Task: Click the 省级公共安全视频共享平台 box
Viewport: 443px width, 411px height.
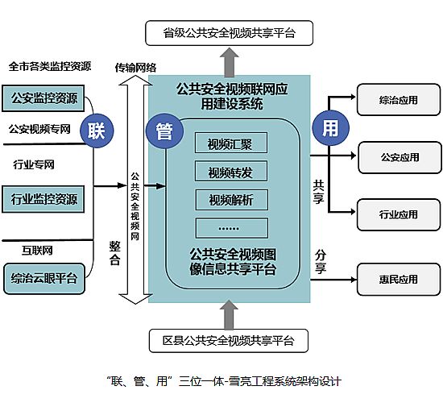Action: [x=229, y=33]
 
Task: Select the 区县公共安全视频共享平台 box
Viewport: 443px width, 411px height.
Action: [x=229, y=341]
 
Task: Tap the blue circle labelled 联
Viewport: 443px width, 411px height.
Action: [x=97, y=131]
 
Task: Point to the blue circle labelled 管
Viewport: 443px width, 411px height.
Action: [x=164, y=131]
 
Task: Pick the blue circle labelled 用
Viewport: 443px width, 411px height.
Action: [x=330, y=128]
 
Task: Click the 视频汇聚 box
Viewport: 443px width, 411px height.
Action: [x=231, y=143]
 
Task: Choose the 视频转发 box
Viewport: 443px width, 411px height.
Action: [x=231, y=172]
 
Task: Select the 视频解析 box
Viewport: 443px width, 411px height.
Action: [x=232, y=200]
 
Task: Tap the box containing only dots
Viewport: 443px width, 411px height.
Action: [x=232, y=228]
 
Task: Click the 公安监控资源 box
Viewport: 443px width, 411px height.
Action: [x=43, y=98]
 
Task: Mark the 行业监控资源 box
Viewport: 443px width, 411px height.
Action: [x=43, y=199]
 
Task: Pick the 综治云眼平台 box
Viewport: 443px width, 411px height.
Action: [x=44, y=279]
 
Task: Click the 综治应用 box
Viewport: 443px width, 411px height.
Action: [x=399, y=99]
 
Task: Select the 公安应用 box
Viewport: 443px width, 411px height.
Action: [x=400, y=157]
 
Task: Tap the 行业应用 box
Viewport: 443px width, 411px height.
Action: [x=399, y=215]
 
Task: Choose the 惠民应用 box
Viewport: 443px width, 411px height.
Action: [x=399, y=280]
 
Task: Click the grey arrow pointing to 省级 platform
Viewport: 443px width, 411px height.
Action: [x=230, y=62]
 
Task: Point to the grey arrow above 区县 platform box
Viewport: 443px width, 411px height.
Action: [x=229, y=315]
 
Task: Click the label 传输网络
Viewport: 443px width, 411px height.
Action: [x=135, y=68]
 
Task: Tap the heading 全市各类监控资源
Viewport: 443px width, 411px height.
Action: [x=50, y=66]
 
